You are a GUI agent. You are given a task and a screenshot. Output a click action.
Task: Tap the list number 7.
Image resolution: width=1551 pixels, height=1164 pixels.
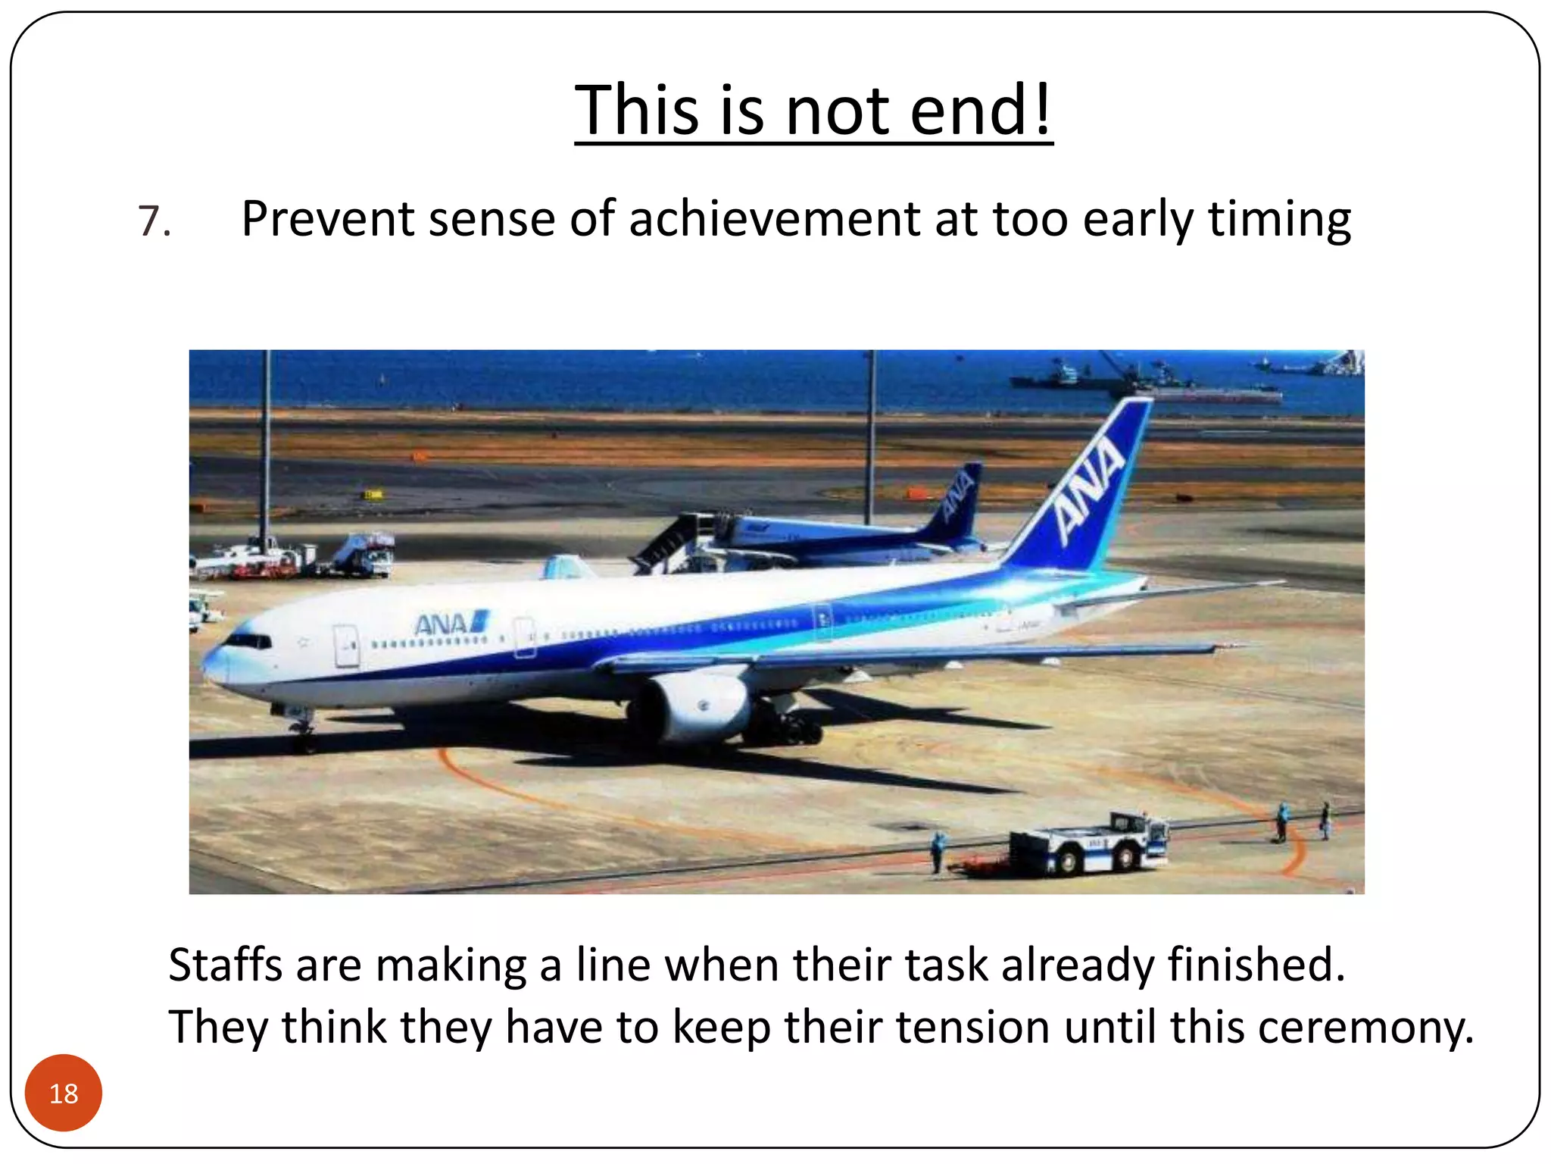point(154,222)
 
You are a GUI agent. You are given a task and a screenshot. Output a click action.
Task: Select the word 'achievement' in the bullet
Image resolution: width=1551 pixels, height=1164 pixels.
point(774,219)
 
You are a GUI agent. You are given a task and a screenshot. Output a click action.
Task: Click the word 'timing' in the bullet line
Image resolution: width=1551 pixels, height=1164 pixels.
point(1278,221)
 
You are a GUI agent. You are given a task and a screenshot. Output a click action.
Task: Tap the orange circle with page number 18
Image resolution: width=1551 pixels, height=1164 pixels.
point(64,1093)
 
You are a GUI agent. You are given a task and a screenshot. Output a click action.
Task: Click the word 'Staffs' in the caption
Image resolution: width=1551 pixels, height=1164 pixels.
point(225,965)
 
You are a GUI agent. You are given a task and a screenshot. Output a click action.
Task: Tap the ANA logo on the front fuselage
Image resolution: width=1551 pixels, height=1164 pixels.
point(450,624)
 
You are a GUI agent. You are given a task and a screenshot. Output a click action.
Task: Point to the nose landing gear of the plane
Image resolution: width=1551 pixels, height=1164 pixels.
point(302,731)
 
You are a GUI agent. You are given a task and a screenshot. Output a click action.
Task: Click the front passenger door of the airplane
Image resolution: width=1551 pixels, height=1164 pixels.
point(346,646)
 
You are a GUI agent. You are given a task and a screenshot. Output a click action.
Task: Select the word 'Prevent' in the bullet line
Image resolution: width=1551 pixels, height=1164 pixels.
point(327,219)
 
